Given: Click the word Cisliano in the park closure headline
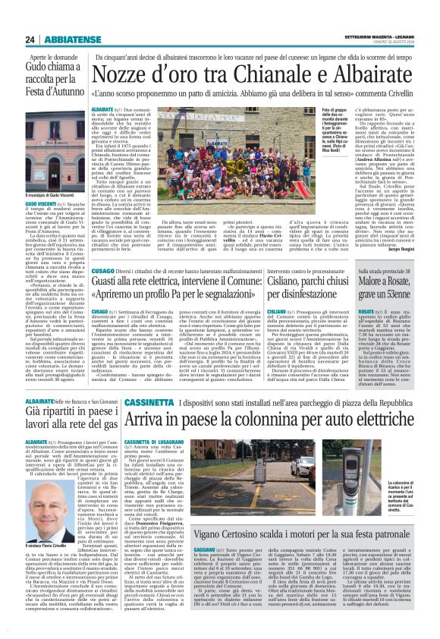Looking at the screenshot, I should click(290, 285).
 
